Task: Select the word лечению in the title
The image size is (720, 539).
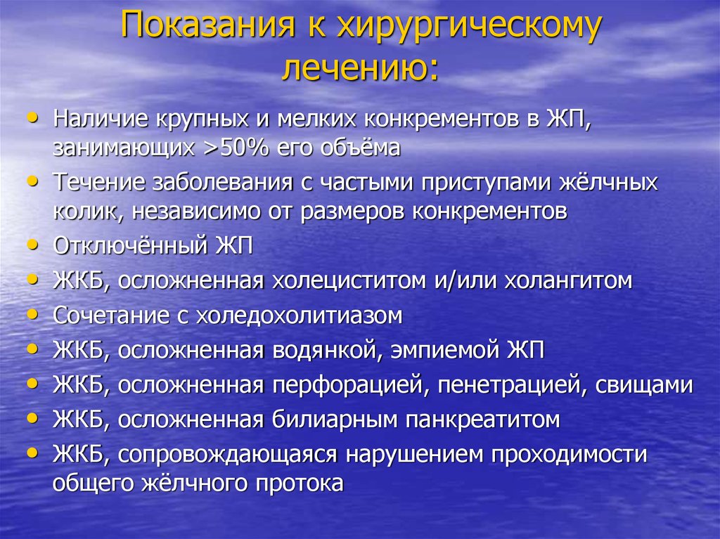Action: click(x=354, y=69)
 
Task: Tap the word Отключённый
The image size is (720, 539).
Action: click(x=130, y=246)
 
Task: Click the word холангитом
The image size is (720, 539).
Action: click(x=568, y=280)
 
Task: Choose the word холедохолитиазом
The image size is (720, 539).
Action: click(x=300, y=316)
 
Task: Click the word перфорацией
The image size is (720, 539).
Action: click(x=350, y=385)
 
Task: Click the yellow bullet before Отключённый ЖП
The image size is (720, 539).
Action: click(x=32, y=245)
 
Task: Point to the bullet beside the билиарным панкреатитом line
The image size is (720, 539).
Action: click(x=32, y=418)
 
